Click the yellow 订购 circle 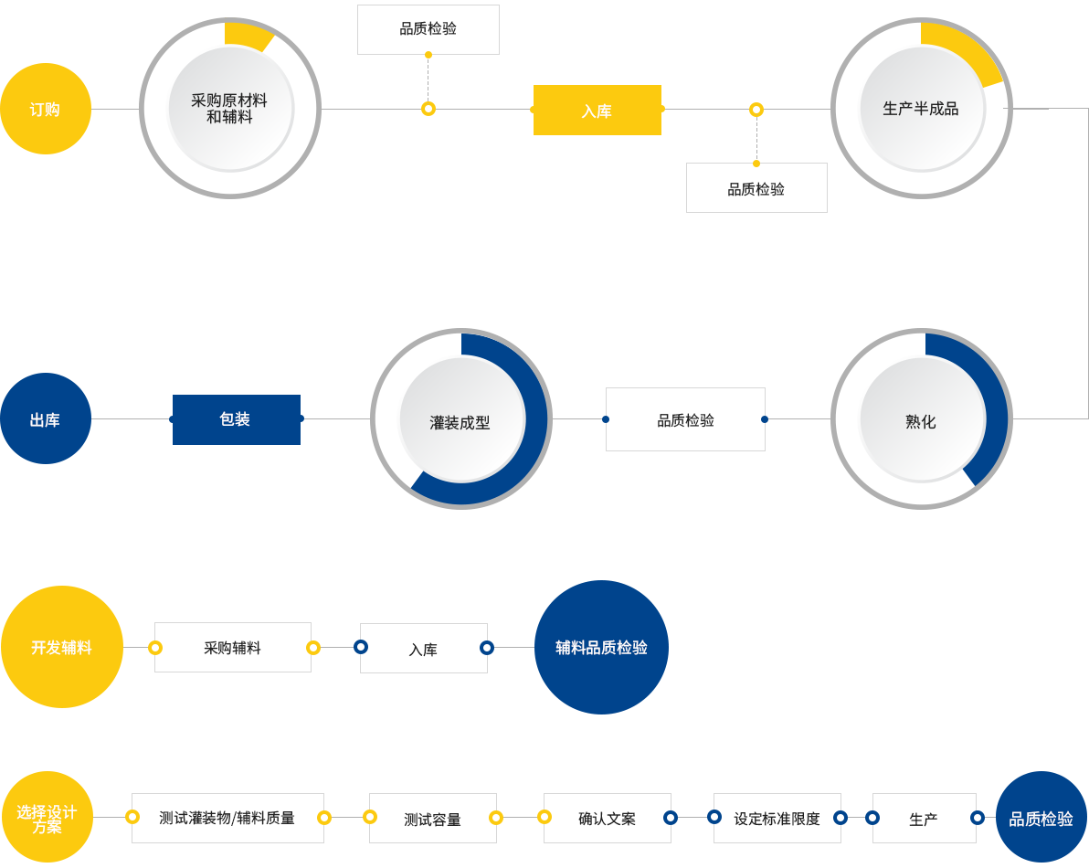point(46,109)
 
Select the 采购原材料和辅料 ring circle point(230,109)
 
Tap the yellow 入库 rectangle point(597,110)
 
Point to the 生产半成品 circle point(922,109)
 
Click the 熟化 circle point(922,418)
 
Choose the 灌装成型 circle point(461,418)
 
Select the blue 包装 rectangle point(236,419)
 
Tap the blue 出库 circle point(46,418)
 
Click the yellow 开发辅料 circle point(62,647)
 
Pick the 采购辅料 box point(233,647)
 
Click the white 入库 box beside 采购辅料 point(424,648)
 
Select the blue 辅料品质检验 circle point(601,647)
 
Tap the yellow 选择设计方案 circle point(48,818)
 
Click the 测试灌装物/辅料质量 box point(227,818)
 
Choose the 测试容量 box point(433,818)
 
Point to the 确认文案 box point(607,818)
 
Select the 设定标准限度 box point(777,818)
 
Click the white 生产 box point(925,818)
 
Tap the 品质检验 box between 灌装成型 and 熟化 point(685,419)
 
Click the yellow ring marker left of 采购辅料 point(155,647)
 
